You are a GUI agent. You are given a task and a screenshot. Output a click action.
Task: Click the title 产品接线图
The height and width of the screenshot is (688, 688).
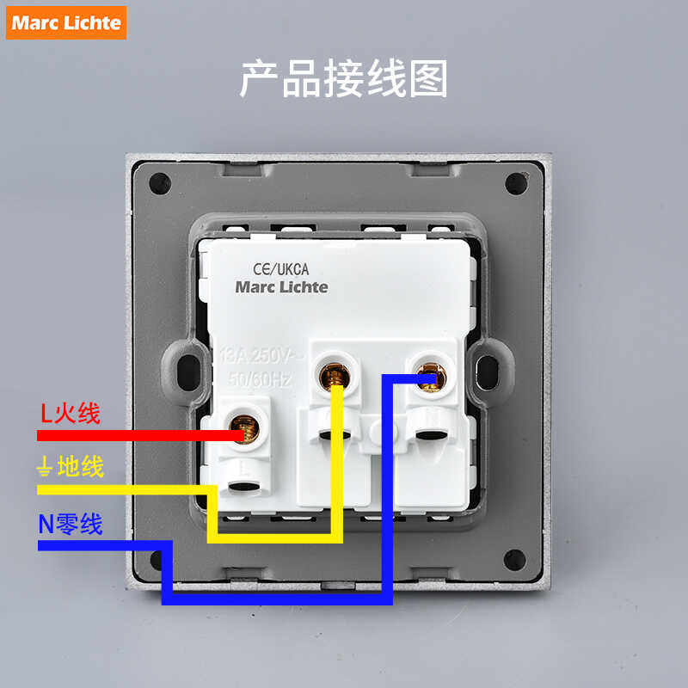coord(343,79)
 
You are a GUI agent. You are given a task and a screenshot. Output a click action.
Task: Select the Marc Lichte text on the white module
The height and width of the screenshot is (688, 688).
coord(281,287)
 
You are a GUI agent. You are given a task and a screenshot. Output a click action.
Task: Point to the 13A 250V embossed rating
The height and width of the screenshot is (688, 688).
coord(257,354)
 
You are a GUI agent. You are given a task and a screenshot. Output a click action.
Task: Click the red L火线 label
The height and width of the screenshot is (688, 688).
coord(71,414)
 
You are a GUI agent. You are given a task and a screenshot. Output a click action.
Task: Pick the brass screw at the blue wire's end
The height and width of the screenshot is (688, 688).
coord(429,374)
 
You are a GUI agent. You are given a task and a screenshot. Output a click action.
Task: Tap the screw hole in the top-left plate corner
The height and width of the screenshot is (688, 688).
coord(160,183)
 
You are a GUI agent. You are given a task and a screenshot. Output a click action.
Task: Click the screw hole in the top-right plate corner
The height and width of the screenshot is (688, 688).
coord(515,183)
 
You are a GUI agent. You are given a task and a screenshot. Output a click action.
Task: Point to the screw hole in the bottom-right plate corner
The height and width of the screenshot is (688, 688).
coord(515,560)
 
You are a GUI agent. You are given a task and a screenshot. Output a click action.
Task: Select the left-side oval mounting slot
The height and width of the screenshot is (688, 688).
coord(183,370)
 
